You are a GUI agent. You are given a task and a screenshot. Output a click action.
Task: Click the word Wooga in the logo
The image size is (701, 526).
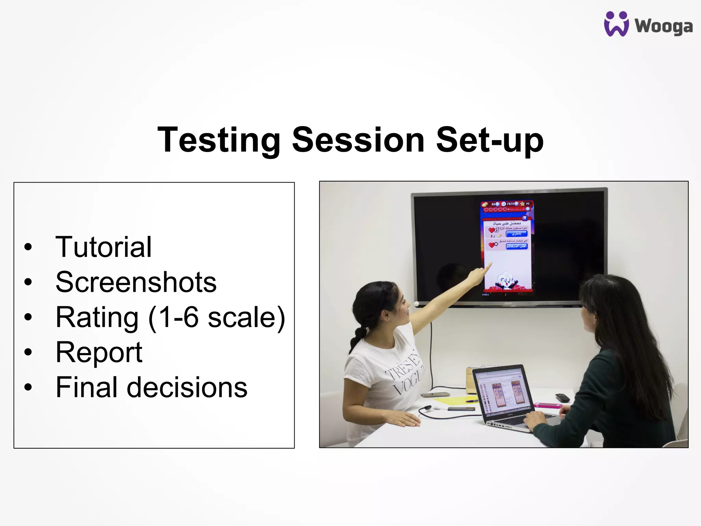(663, 26)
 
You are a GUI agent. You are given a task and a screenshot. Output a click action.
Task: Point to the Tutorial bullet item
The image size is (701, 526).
(103, 247)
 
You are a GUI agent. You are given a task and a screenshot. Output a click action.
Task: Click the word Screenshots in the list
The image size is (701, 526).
(136, 282)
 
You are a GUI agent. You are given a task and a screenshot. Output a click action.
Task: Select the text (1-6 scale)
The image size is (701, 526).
(216, 318)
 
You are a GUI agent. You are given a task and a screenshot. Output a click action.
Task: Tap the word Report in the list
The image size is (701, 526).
(99, 352)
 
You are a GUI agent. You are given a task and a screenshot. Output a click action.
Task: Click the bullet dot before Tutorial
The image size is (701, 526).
(28, 247)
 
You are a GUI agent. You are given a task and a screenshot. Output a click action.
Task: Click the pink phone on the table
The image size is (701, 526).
(547, 406)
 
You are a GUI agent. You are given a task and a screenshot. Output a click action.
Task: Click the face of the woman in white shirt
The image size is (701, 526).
(399, 306)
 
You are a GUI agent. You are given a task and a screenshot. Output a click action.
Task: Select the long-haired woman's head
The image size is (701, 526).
(602, 305)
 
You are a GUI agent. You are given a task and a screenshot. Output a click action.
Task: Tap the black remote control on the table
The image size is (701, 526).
(562, 398)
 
